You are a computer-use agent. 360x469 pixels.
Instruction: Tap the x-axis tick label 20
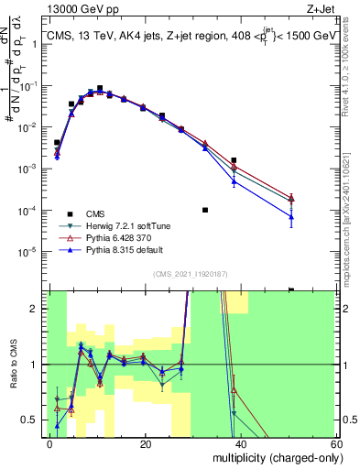point(146,444)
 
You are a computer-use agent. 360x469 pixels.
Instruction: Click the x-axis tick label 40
point(241,444)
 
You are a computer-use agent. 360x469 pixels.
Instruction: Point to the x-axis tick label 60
point(336,444)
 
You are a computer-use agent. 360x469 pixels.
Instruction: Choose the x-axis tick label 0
point(50,444)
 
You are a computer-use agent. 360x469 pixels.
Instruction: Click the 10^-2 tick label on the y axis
point(30,127)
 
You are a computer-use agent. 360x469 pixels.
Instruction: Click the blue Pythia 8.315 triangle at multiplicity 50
point(290,217)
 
